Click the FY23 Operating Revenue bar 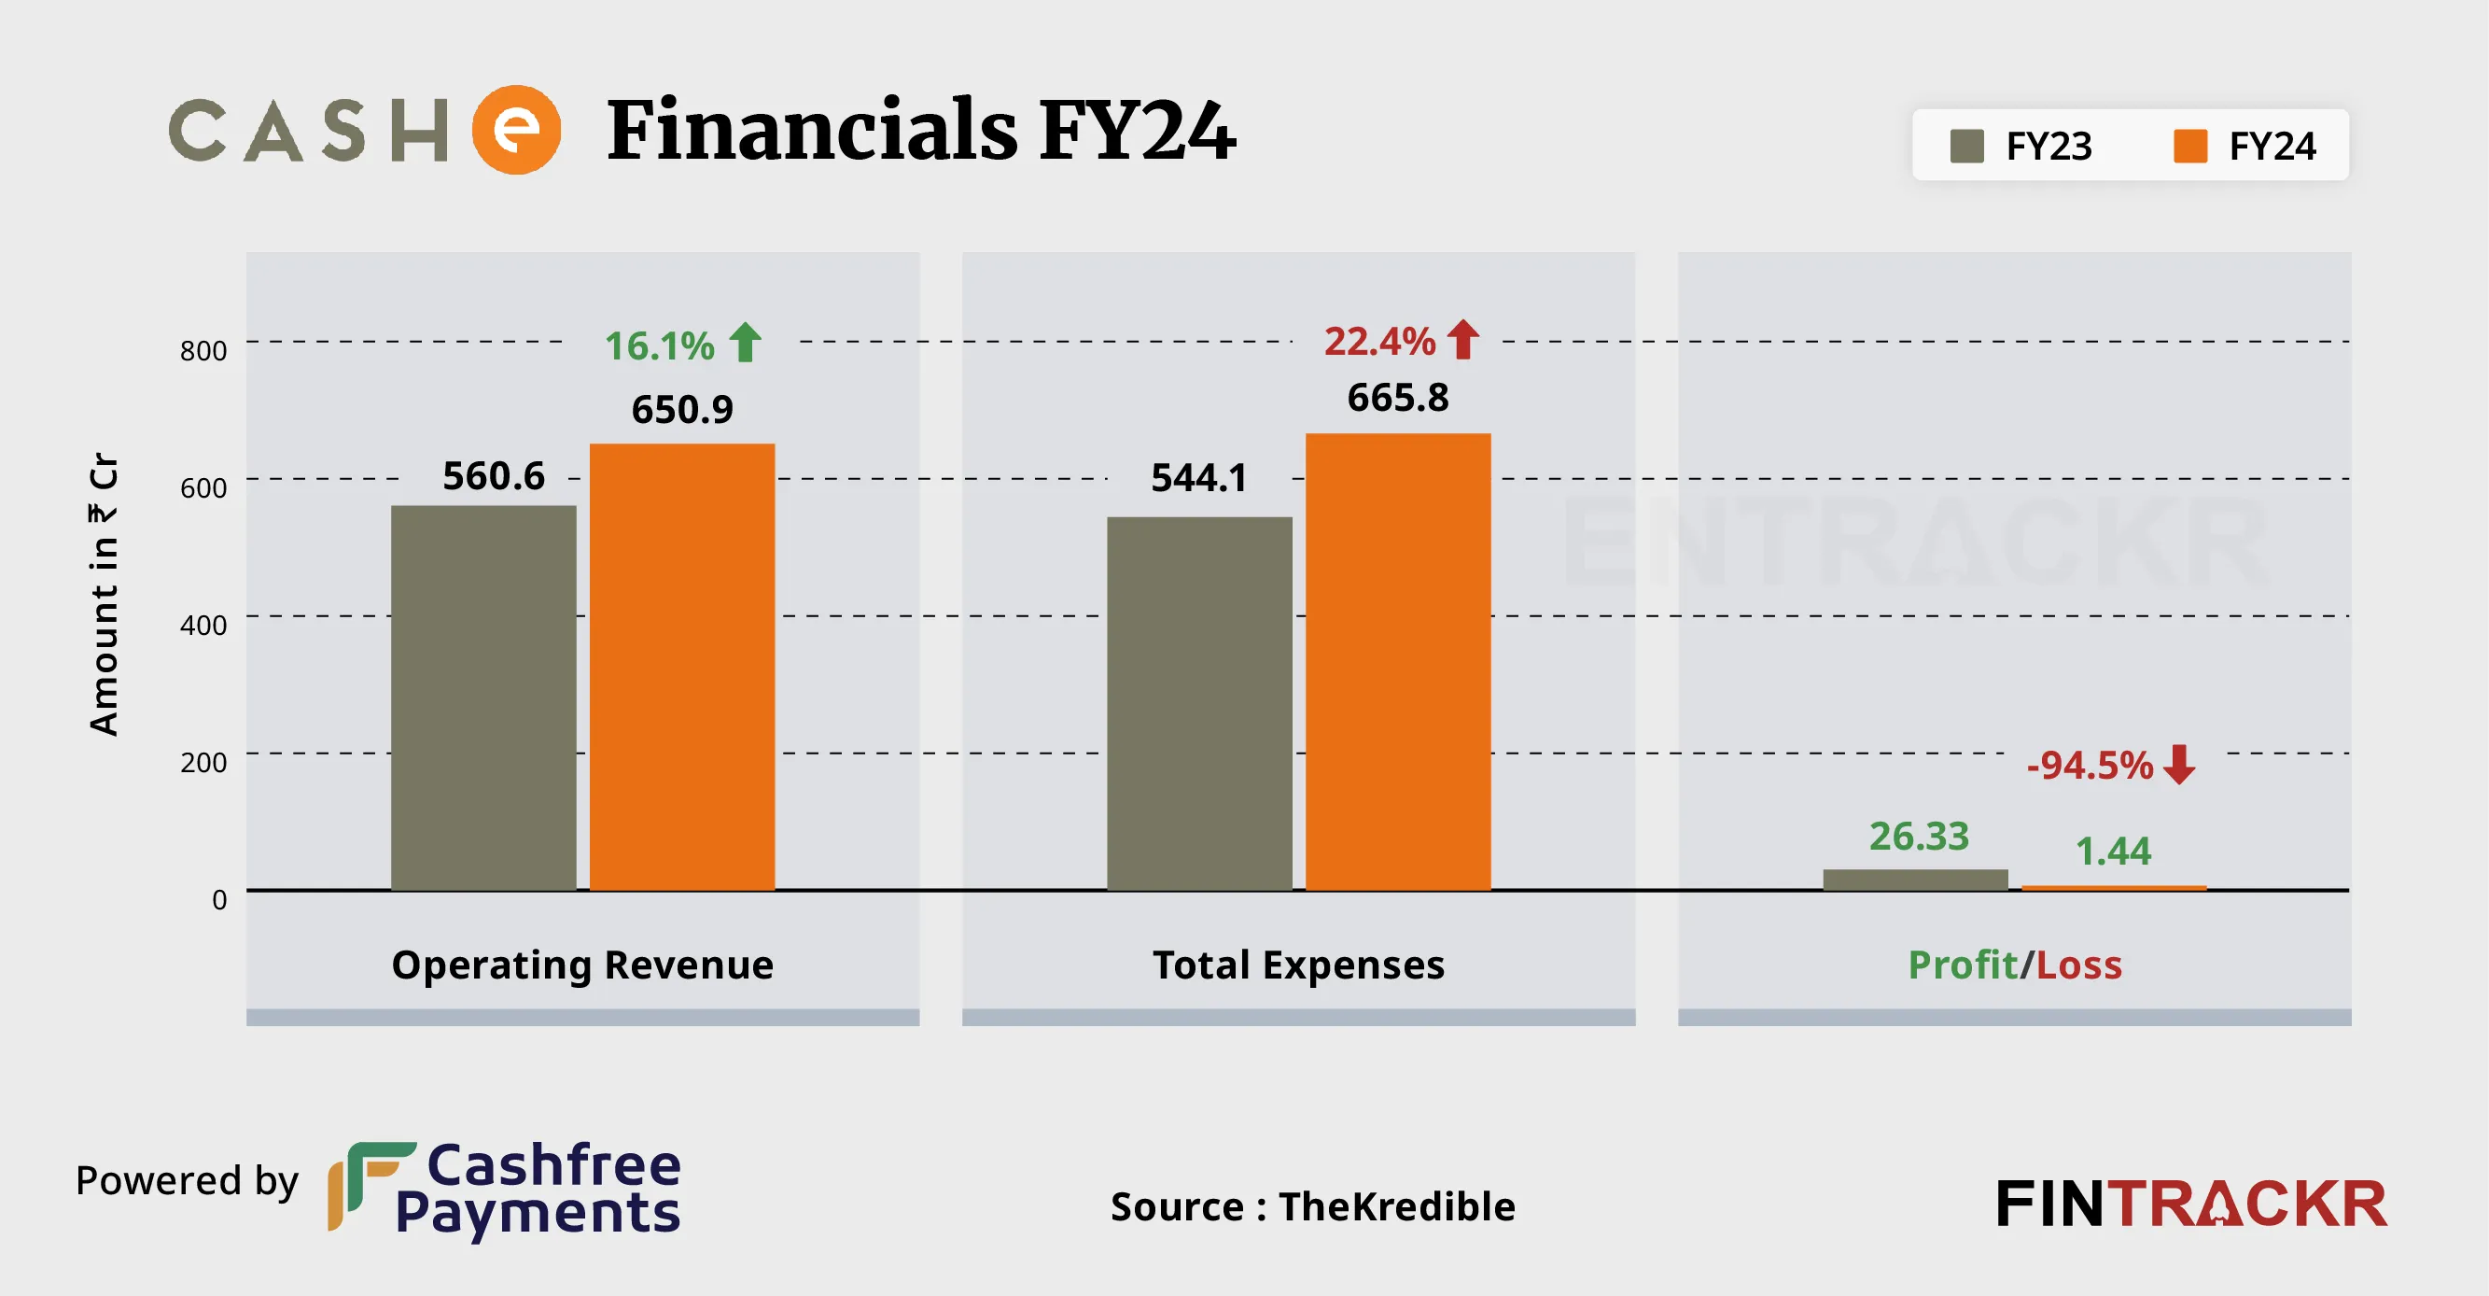(x=483, y=697)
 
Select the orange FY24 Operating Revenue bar (x=682, y=666)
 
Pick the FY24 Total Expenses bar (x=1397, y=661)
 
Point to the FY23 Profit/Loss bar (x=1915, y=879)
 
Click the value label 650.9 (x=682, y=410)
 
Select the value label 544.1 (x=1198, y=477)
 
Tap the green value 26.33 (x=1918, y=836)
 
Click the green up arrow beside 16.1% (x=745, y=342)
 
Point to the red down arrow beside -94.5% (x=2179, y=765)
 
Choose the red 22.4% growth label (x=1378, y=341)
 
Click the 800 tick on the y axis (x=203, y=350)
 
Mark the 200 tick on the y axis (x=203, y=762)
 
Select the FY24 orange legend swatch (x=2189, y=147)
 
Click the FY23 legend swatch (x=1966, y=147)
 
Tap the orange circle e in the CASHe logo (x=516, y=130)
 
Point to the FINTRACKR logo (x=2190, y=1204)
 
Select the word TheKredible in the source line (x=1396, y=1206)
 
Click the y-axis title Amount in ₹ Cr (x=104, y=594)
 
